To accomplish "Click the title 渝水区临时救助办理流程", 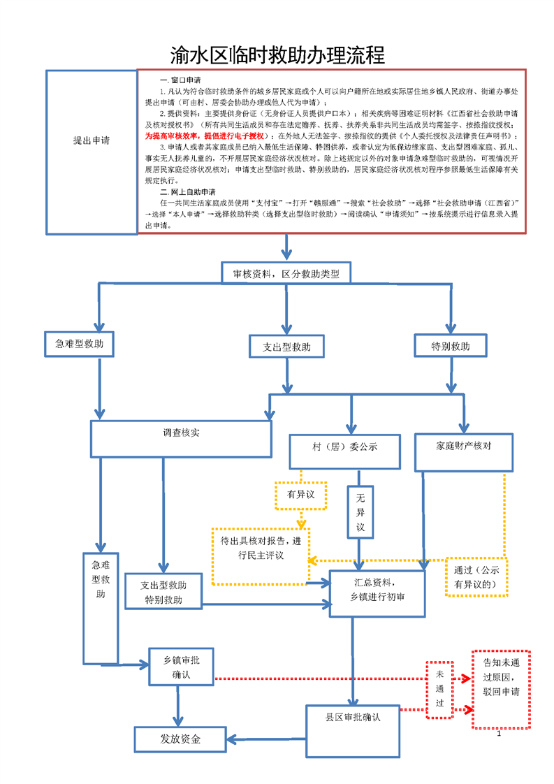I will pyautogui.click(x=277, y=55).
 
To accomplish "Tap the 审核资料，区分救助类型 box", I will pyautogui.click(x=286, y=274).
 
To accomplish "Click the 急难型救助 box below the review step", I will pyautogui.click(x=79, y=344).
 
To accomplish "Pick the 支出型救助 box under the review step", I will pyautogui.click(x=286, y=347).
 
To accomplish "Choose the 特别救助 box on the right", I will pyautogui.click(x=451, y=346).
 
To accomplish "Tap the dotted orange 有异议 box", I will pyautogui.click(x=301, y=495).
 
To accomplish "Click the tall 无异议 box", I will pyautogui.click(x=360, y=512).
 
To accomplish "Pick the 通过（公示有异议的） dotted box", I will pyautogui.click(x=476, y=576).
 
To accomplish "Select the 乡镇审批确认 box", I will pyautogui.click(x=181, y=667).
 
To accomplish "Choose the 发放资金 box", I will pyautogui.click(x=180, y=739).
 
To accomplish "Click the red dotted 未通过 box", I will pyautogui.click(x=439, y=689).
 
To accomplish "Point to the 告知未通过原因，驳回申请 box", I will pyautogui.click(x=501, y=689).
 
